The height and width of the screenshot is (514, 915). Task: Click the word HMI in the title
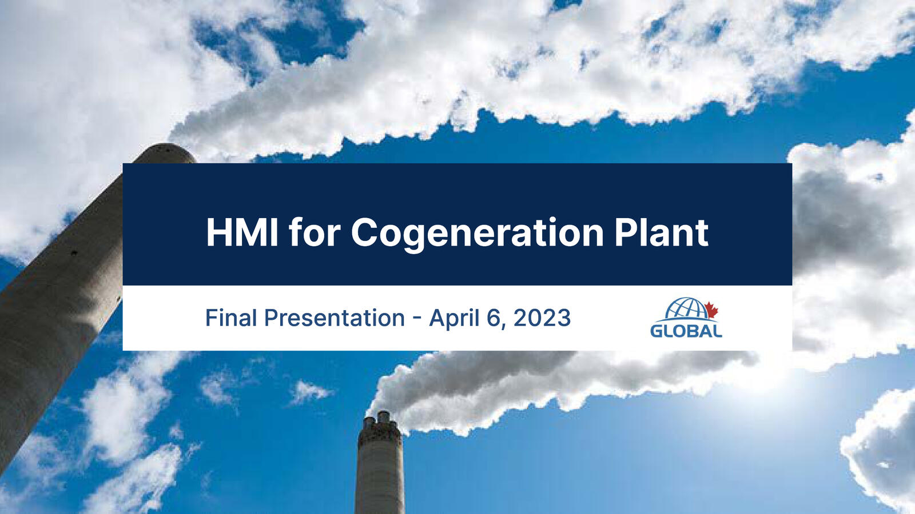(x=242, y=232)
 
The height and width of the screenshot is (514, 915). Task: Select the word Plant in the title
(x=661, y=232)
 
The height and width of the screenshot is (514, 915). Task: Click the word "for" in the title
(x=315, y=232)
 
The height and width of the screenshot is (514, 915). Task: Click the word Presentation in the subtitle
(x=335, y=318)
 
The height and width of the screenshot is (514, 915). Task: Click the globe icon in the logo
(x=687, y=308)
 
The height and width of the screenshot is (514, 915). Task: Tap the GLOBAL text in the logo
(x=686, y=331)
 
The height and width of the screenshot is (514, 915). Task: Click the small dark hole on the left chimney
(x=74, y=253)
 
